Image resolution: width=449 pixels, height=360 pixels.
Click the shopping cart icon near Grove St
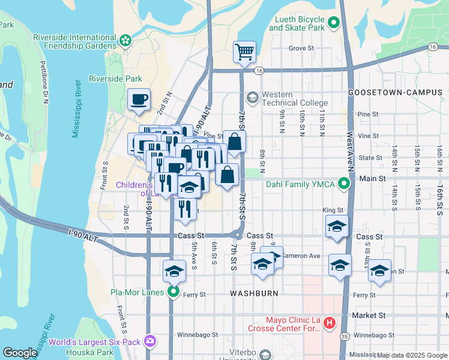(x=244, y=52)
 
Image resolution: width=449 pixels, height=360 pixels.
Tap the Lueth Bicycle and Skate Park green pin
(x=334, y=24)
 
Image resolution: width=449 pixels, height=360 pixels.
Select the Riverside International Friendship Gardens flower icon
(x=125, y=41)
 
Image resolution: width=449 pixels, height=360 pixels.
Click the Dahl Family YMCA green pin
(x=345, y=182)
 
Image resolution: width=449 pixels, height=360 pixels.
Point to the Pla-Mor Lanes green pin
(x=173, y=292)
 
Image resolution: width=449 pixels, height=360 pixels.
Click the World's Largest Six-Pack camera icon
(x=149, y=341)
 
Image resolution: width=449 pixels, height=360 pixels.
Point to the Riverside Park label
(x=115, y=79)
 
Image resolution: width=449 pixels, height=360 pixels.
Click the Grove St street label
(x=301, y=48)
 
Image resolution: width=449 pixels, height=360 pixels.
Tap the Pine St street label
(x=367, y=114)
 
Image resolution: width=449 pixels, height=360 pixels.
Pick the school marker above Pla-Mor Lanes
(x=174, y=271)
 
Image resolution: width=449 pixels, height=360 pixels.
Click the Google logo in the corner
(x=20, y=353)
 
